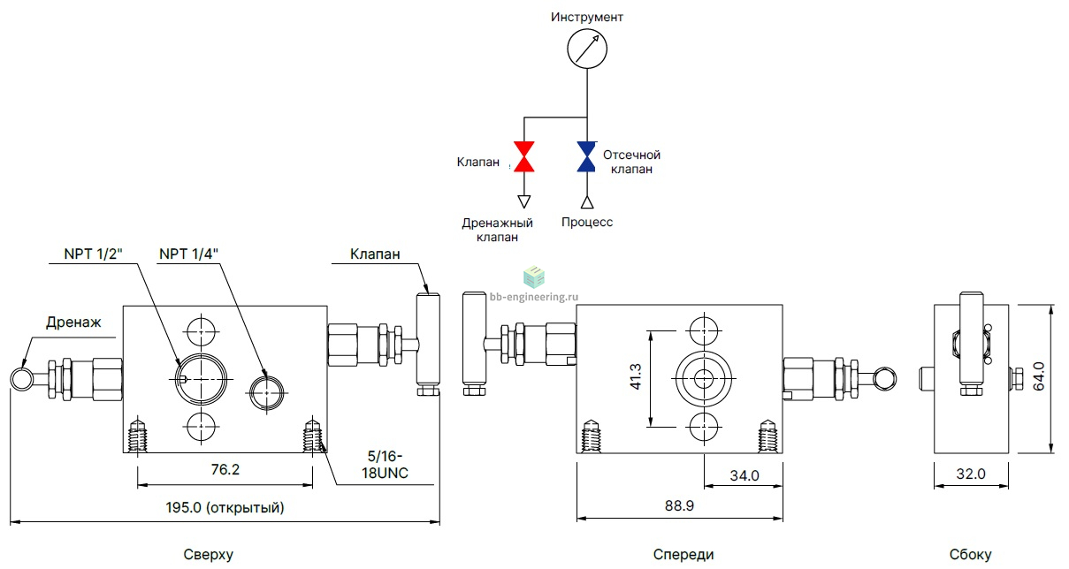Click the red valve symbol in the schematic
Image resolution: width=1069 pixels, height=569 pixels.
click(524, 156)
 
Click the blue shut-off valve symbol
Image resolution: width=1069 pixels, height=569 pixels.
click(586, 156)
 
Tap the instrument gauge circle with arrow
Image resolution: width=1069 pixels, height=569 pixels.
click(587, 49)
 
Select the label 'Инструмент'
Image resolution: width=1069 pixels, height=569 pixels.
click(587, 17)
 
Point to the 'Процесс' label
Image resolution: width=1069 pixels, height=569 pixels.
click(587, 223)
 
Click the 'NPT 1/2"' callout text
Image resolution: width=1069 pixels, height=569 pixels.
click(93, 254)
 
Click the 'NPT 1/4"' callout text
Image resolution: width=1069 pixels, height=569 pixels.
click(188, 254)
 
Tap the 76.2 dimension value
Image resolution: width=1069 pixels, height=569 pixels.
click(225, 470)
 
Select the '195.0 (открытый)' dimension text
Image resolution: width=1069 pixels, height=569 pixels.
click(225, 507)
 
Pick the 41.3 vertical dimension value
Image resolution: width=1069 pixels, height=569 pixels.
click(636, 376)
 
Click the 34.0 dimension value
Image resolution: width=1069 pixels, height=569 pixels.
click(744, 475)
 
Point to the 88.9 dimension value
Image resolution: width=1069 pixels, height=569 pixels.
click(680, 505)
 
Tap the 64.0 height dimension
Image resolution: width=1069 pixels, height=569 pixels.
click(1039, 376)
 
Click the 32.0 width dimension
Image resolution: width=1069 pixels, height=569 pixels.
click(971, 474)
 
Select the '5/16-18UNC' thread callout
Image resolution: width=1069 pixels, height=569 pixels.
click(385, 465)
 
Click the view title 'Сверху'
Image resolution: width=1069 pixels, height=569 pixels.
click(208, 555)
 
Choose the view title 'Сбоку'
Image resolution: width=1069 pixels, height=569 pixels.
click(971, 555)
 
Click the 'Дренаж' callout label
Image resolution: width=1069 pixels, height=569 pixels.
click(73, 322)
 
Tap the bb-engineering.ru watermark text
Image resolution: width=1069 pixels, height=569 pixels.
click(534, 297)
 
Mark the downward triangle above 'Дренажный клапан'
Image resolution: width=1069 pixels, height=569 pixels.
click(524, 201)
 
